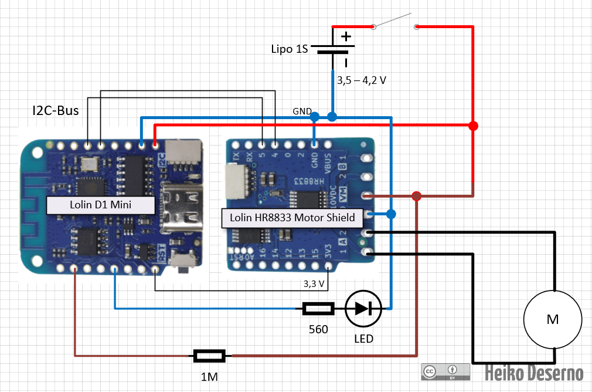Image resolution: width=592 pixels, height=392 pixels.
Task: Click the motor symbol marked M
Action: tap(553, 319)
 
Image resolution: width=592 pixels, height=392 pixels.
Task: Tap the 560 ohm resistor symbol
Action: tap(318, 308)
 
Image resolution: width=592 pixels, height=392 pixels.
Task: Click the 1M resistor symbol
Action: tap(209, 355)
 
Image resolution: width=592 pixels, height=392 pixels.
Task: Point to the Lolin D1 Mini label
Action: tap(101, 205)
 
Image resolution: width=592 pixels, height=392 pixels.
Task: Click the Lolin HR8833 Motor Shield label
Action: tap(292, 218)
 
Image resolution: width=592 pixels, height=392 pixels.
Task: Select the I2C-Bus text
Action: tap(55, 110)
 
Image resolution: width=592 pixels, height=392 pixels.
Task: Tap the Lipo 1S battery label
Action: tap(289, 49)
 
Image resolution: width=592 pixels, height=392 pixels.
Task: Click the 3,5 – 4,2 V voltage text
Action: tap(360, 80)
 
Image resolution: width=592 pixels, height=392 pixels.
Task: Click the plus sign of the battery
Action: tap(346, 37)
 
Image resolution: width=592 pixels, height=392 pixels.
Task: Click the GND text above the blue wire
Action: tap(302, 111)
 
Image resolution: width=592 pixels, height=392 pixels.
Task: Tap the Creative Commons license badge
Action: tap(445, 372)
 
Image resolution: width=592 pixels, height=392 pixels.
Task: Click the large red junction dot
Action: tap(474, 126)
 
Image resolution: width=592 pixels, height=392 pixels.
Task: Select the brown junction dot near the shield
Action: tap(416, 195)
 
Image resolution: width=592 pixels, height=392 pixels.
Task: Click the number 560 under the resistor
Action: tap(318, 329)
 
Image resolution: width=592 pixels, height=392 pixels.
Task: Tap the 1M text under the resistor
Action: tap(209, 376)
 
